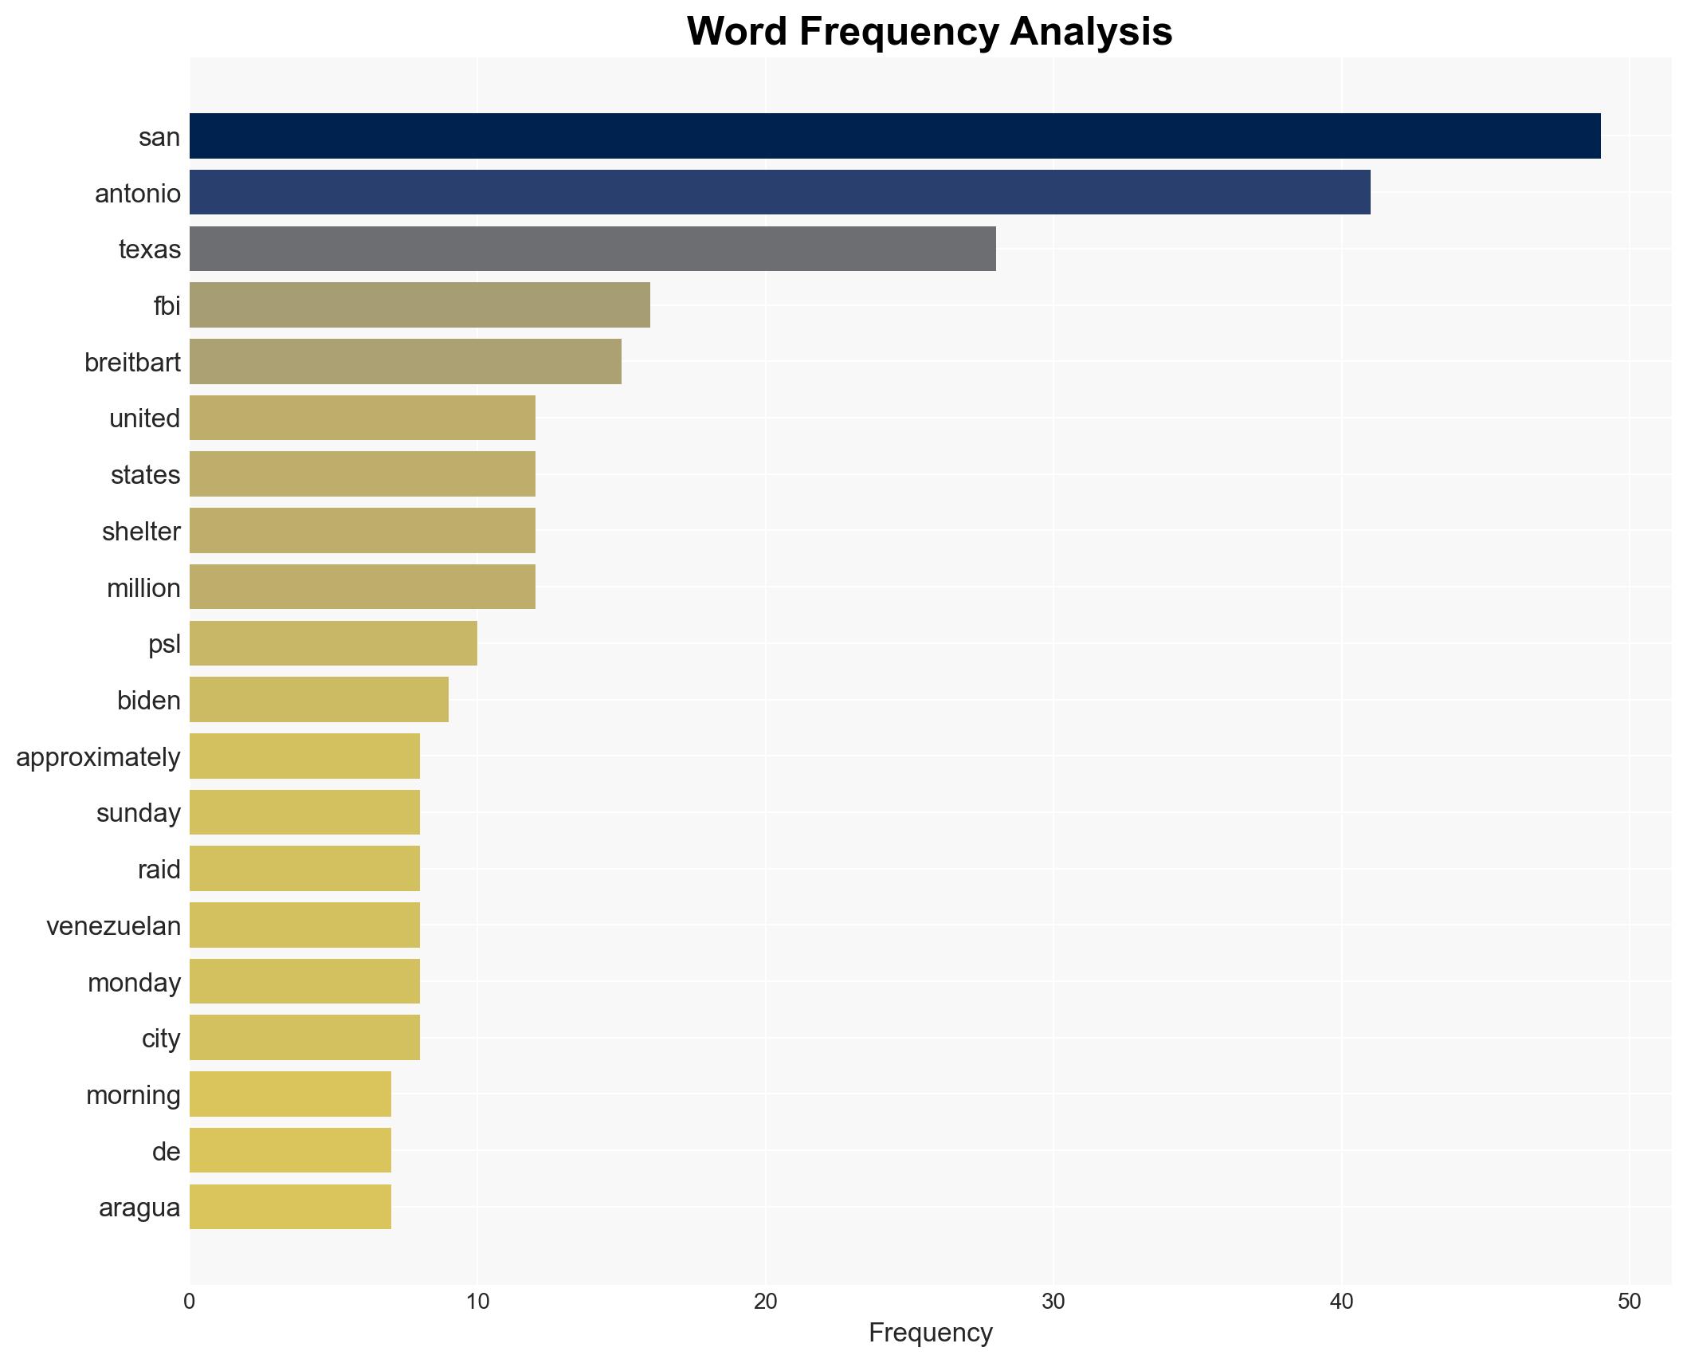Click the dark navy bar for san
click(x=894, y=136)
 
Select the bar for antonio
click(x=779, y=193)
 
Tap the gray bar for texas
click(x=592, y=249)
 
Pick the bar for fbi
click(x=419, y=305)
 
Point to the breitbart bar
click(x=405, y=362)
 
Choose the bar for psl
click(x=333, y=643)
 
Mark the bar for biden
click(x=319, y=700)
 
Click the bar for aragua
click(x=290, y=1207)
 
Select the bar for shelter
click(x=362, y=531)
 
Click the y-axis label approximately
click(x=98, y=756)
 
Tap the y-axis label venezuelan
click(x=113, y=925)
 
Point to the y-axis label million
click(x=143, y=587)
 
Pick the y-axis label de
click(x=166, y=1151)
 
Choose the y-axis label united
click(x=144, y=418)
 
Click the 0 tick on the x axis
click(x=189, y=1302)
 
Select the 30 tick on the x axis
click(x=1053, y=1302)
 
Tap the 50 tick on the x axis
click(x=1629, y=1302)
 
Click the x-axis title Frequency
click(x=930, y=1333)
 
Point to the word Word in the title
click(x=737, y=32)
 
